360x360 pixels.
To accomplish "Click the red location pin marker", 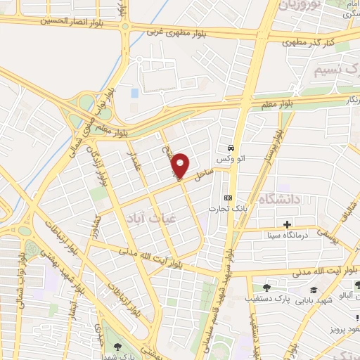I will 181,165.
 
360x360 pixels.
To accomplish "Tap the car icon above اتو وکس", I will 231,148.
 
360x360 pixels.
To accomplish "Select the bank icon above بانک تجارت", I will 228,198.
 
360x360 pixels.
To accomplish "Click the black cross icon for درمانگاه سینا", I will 287,224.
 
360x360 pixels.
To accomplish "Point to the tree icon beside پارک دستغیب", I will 266,288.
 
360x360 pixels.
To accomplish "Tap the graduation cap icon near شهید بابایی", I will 314,289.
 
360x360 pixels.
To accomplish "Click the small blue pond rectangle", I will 134,92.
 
